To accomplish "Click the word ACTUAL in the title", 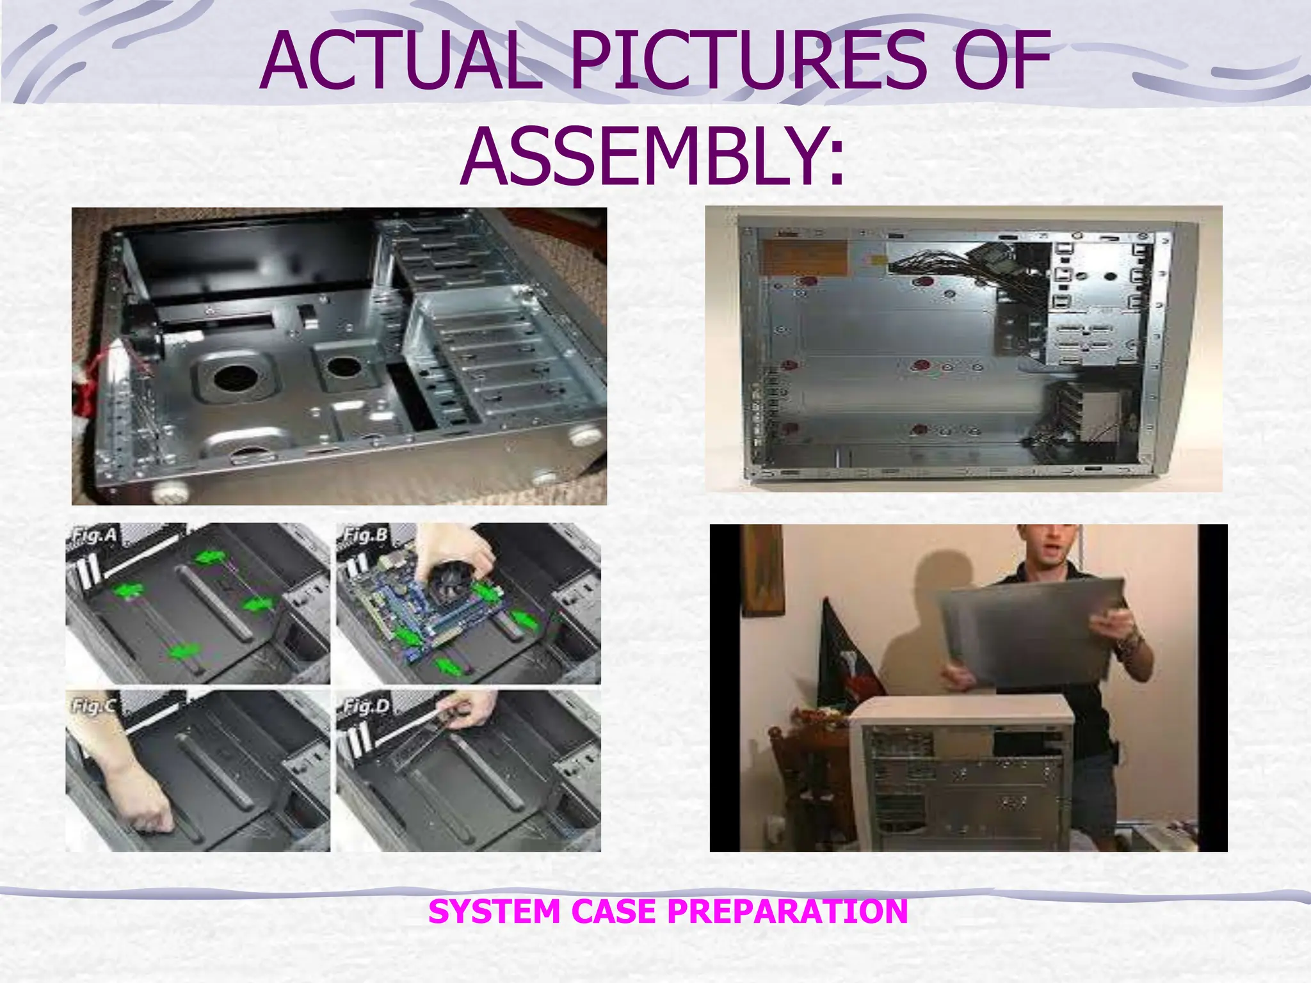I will point(400,62).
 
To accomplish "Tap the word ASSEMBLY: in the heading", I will point(653,157).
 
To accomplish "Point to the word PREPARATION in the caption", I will point(787,911).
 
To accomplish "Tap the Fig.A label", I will point(93,535).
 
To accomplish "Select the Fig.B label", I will point(365,535).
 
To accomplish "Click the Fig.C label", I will point(93,706).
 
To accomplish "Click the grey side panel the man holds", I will point(1031,634).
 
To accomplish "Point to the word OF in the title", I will point(1002,62).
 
